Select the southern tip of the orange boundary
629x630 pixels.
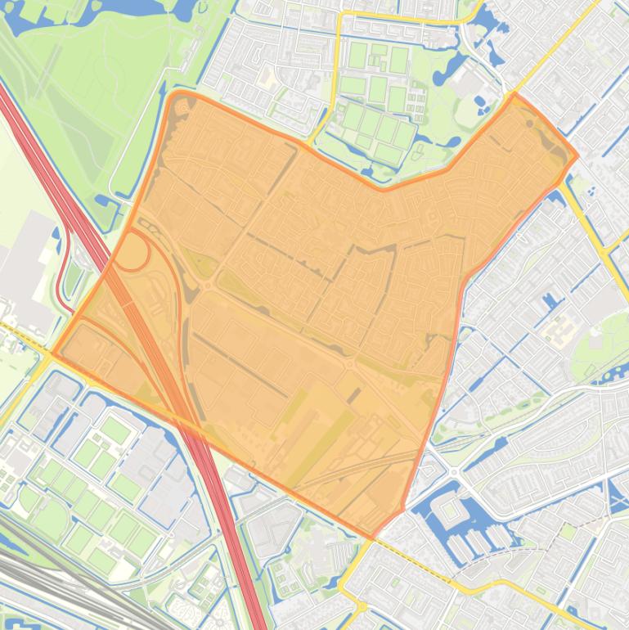point(372,538)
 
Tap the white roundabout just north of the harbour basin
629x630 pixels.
point(452,472)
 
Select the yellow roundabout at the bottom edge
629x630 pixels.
point(360,607)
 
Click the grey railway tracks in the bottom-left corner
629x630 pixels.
point(49,573)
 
